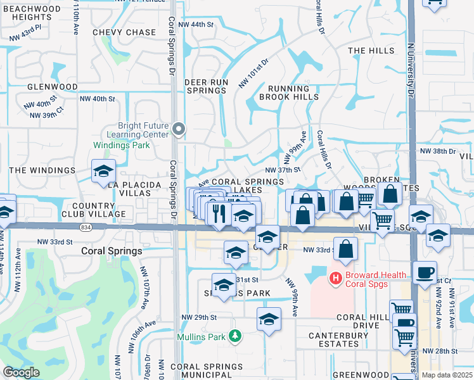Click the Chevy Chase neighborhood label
tap(124, 32)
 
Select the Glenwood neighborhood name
tap(52, 87)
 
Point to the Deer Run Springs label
tap(206, 87)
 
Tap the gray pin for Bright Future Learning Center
tap(179, 130)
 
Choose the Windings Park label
tap(122, 145)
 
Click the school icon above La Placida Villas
tap(103, 171)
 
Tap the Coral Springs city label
tap(112, 251)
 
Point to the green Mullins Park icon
tap(235, 335)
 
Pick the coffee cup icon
tap(425, 272)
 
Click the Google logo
tap(21, 372)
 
